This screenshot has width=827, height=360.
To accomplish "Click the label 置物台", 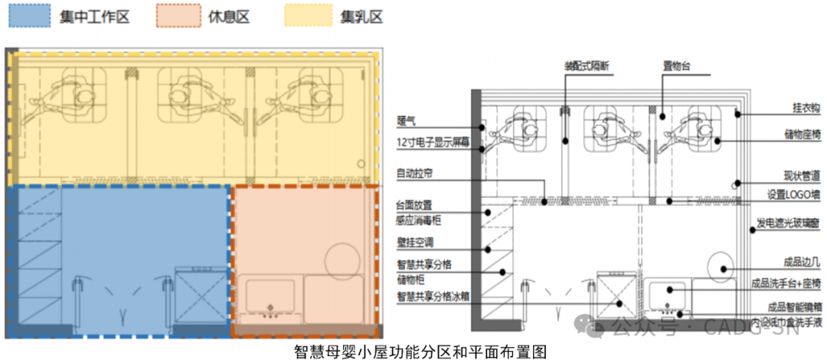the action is [677, 67].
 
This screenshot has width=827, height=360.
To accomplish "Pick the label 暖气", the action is [405, 120].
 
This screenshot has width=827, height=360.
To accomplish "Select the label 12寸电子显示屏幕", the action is [433, 142].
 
